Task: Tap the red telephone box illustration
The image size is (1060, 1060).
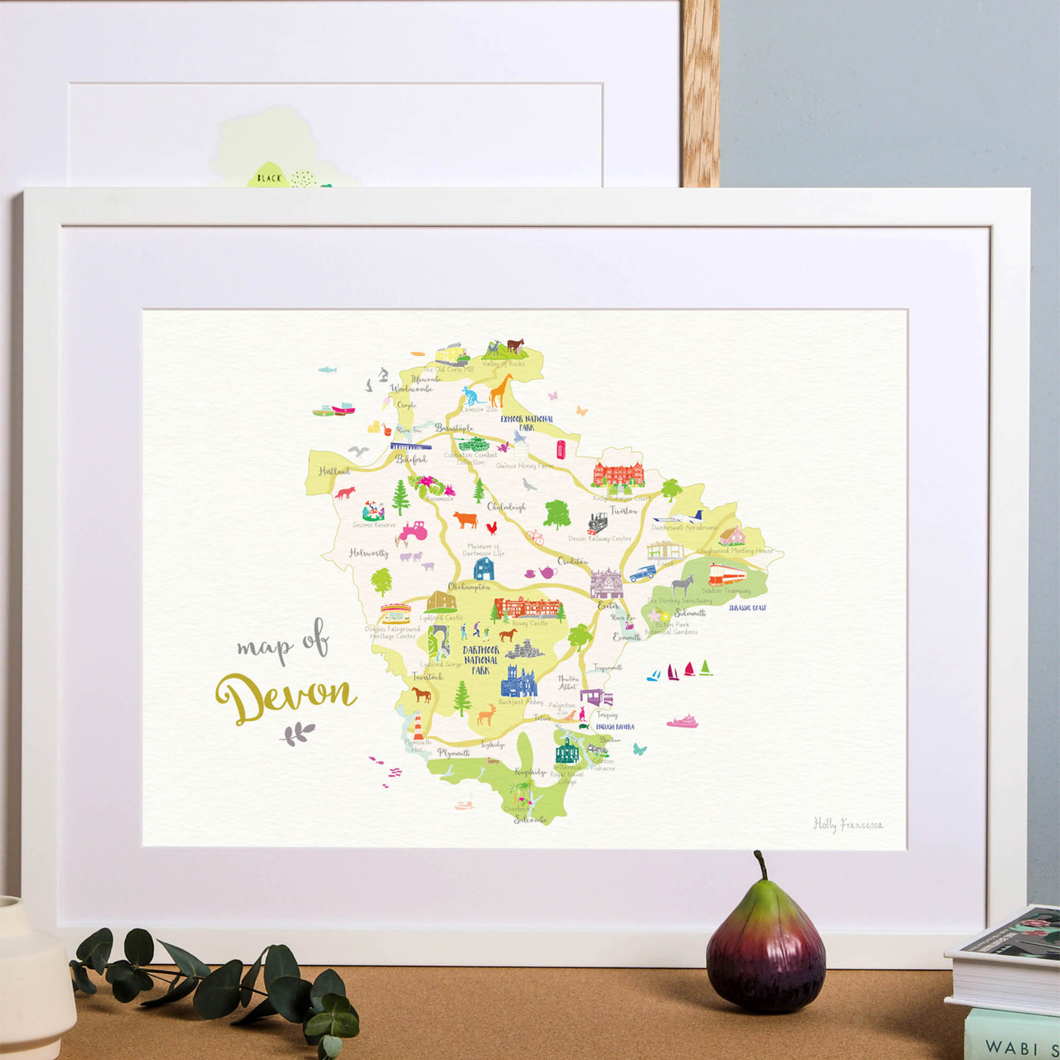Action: (x=561, y=450)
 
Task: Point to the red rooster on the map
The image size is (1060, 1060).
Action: (x=492, y=527)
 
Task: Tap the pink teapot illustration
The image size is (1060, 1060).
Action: (x=547, y=572)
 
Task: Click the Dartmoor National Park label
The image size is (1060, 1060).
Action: (x=480, y=660)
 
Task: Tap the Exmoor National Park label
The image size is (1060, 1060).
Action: (x=527, y=423)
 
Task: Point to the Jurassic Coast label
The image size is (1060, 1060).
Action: (x=747, y=608)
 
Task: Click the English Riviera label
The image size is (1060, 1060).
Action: (x=614, y=726)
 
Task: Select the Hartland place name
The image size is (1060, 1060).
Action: (x=335, y=471)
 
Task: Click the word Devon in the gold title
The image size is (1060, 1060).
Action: (x=285, y=697)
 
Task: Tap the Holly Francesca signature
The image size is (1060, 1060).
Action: (x=847, y=824)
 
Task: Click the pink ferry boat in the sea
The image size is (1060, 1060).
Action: (x=682, y=722)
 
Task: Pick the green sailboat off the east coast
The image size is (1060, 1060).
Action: (x=706, y=667)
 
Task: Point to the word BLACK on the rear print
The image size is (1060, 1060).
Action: (x=269, y=178)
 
